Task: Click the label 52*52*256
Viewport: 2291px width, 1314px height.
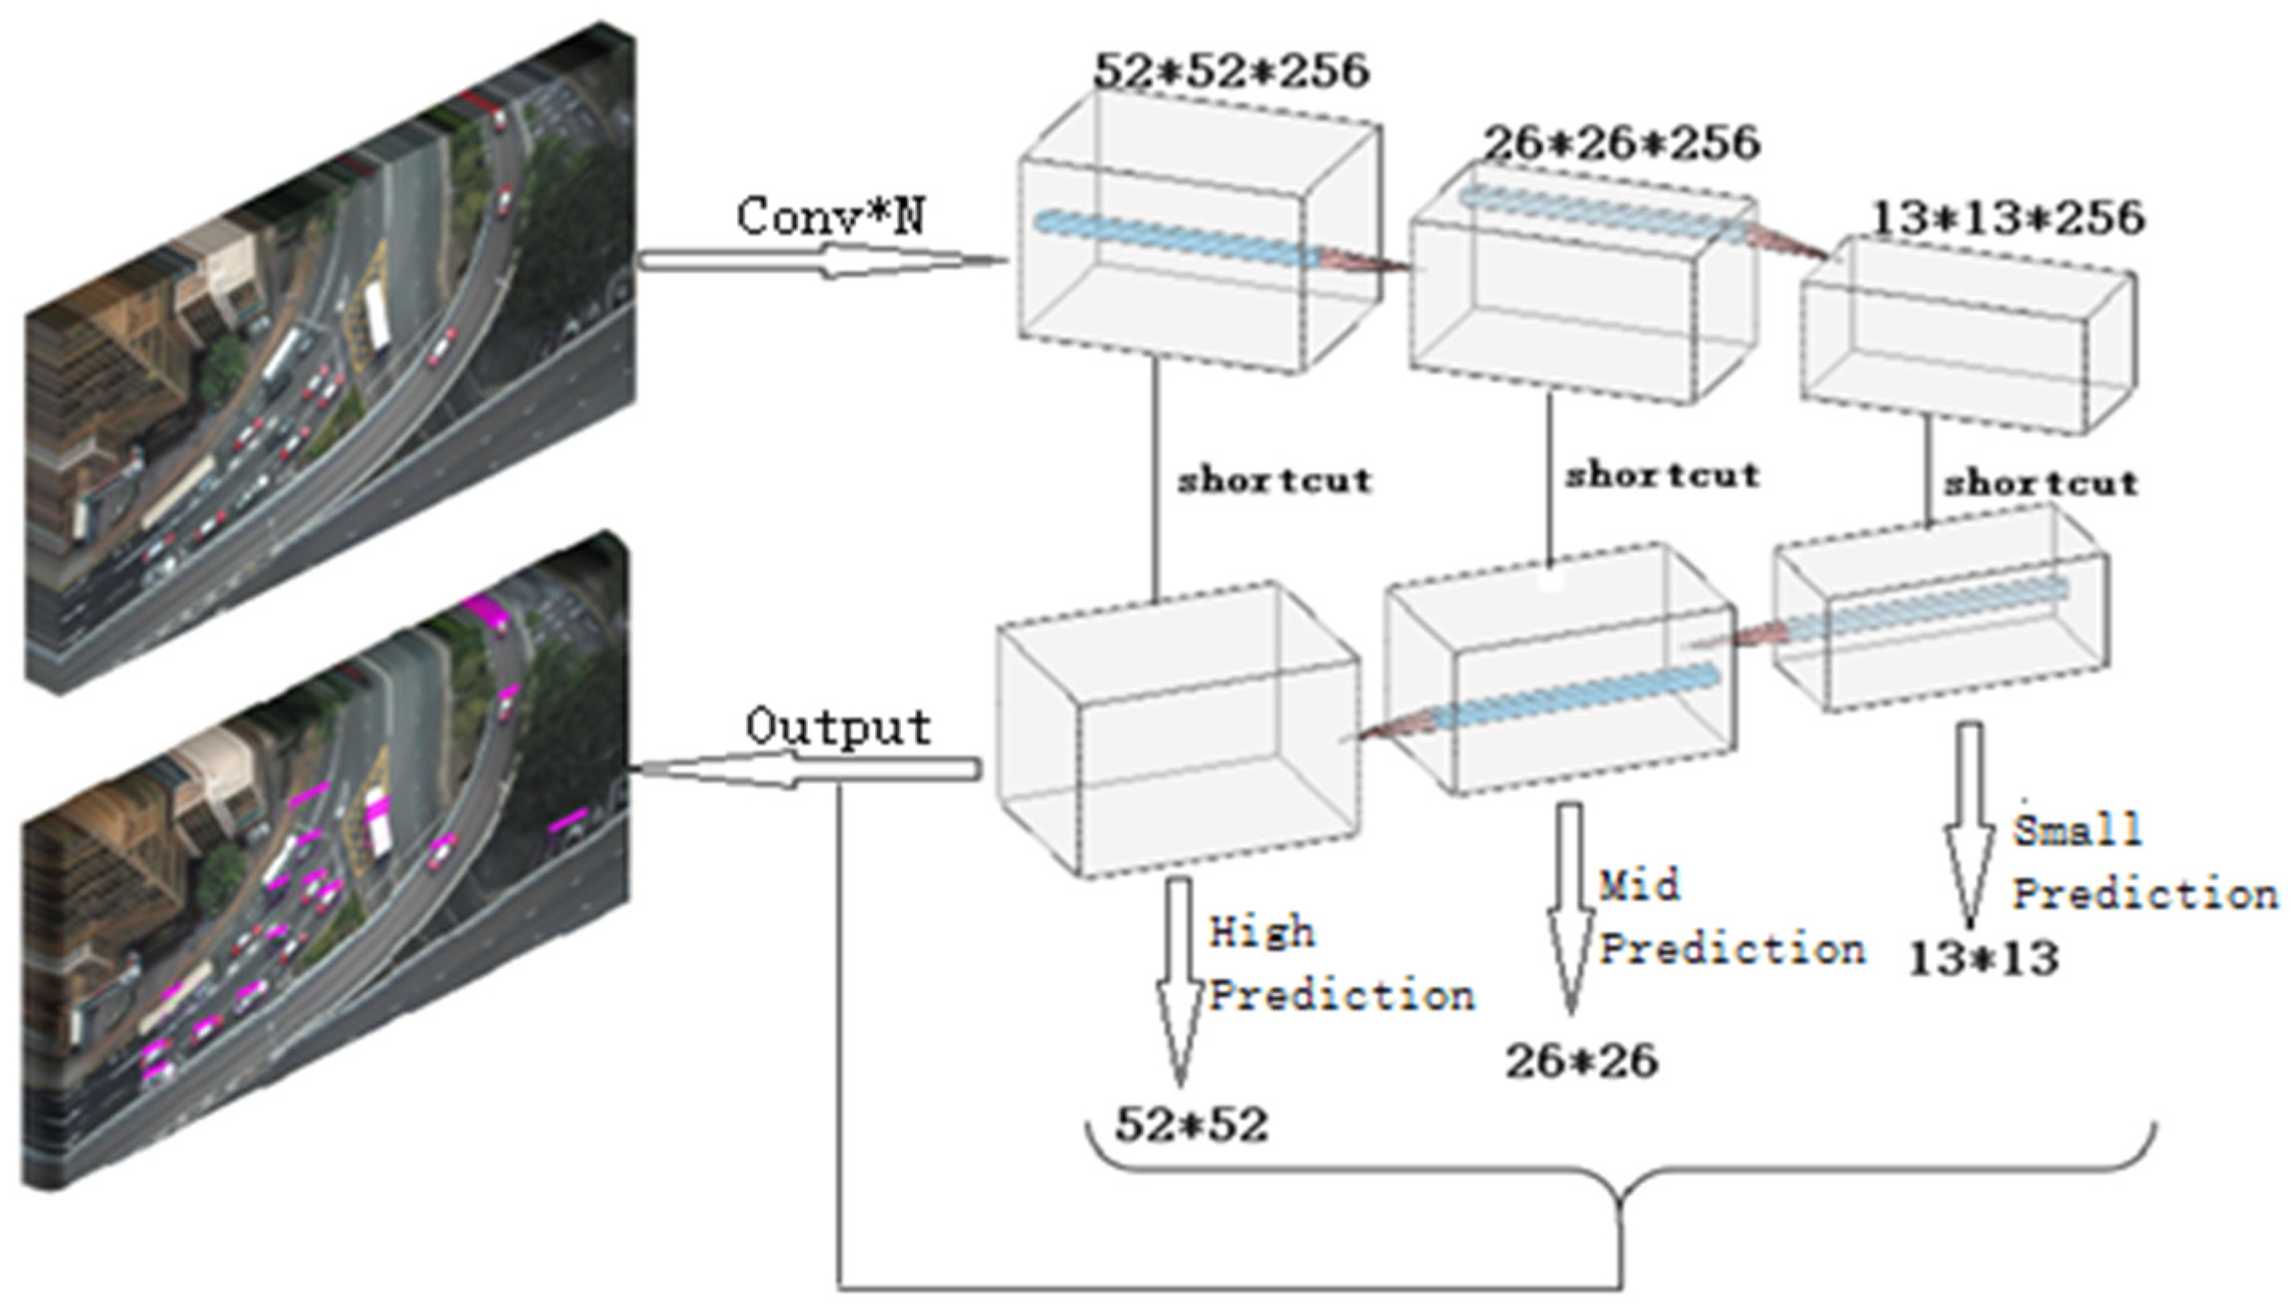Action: (1231, 71)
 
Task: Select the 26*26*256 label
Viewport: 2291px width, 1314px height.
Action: (1622, 144)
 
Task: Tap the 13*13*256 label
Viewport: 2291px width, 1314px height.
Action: (2007, 218)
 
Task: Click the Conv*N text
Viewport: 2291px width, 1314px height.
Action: (830, 218)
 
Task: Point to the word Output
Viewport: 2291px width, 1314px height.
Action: (838, 727)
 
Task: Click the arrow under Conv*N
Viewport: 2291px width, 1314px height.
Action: (821, 262)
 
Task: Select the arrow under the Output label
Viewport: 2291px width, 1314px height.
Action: (808, 770)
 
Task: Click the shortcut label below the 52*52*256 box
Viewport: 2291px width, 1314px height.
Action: (1274, 481)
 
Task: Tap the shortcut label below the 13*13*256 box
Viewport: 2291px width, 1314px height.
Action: (2041, 484)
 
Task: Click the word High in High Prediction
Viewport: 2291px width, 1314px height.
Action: (1261, 932)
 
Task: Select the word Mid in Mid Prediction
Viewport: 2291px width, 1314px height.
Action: (1639, 885)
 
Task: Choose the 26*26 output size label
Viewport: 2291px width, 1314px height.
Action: (1581, 1061)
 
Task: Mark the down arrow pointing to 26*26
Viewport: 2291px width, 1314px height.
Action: (1570, 902)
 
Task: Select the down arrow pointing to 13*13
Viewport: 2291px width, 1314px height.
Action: (1969, 821)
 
